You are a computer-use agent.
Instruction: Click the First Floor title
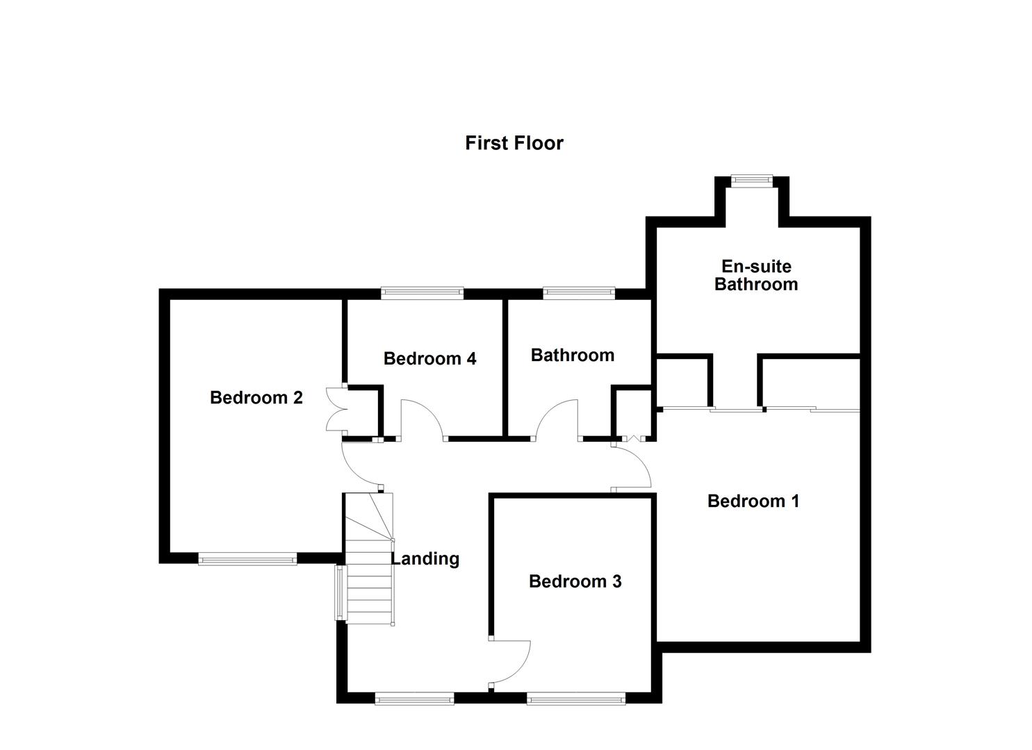tap(514, 143)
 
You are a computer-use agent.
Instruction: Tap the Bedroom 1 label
tap(753, 501)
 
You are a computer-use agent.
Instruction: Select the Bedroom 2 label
tap(256, 397)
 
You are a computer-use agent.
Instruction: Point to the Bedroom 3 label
tap(575, 581)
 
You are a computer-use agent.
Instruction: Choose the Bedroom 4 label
tap(429, 358)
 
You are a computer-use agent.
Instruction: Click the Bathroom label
tap(572, 355)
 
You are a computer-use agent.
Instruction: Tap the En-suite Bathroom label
tap(755, 275)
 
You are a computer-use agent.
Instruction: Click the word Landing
tap(425, 558)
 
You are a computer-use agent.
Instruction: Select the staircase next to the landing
tap(369, 560)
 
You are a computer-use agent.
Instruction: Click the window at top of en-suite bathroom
tap(751, 181)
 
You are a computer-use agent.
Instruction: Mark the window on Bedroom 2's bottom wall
tap(247, 558)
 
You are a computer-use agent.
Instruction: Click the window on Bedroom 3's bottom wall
tap(575, 699)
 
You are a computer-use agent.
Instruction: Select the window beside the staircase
tap(340, 592)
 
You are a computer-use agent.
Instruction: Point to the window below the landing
tap(414, 699)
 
